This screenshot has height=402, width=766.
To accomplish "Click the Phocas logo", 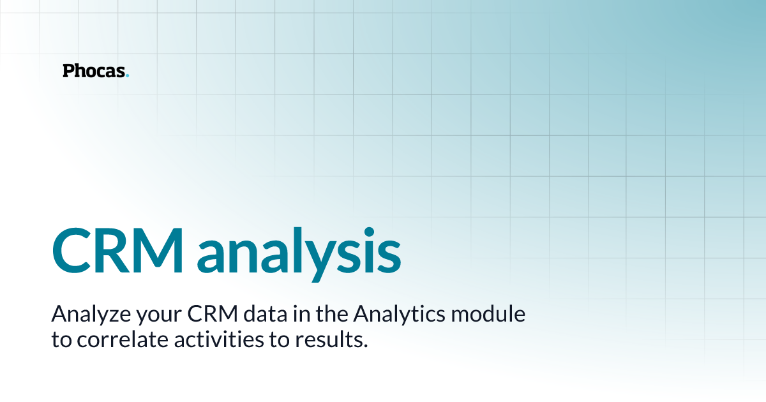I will tap(96, 71).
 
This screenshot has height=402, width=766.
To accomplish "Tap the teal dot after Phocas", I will tap(128, 75).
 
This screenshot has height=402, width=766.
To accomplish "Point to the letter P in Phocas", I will tap(68, 71).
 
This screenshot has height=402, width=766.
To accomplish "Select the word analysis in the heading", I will tap(299, 249).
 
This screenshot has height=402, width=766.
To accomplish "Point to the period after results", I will tap(366, 345).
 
